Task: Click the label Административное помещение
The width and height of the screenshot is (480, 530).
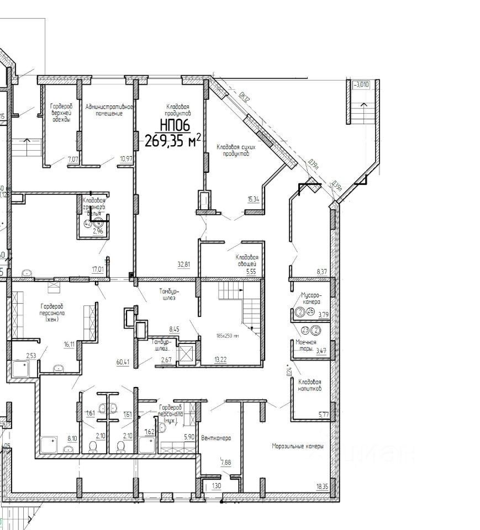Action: [x=108, y=109]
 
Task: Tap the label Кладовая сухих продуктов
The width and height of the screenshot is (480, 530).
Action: [x=233, y=150]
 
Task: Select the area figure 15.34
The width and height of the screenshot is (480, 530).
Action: [x=254, y=199]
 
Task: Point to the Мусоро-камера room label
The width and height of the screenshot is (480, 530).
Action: [x=310, y=299]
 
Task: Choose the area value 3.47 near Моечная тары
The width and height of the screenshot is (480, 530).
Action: [x=321, y=351]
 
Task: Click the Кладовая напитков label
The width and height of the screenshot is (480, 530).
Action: [x=310, y=385]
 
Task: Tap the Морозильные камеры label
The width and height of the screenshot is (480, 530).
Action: [x=298, y=446]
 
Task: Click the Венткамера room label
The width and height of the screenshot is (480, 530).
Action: [x=216, y=438]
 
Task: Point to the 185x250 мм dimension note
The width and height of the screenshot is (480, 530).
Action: [x=228, y=335]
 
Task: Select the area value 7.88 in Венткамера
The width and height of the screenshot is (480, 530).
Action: [x=226, y=463]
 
